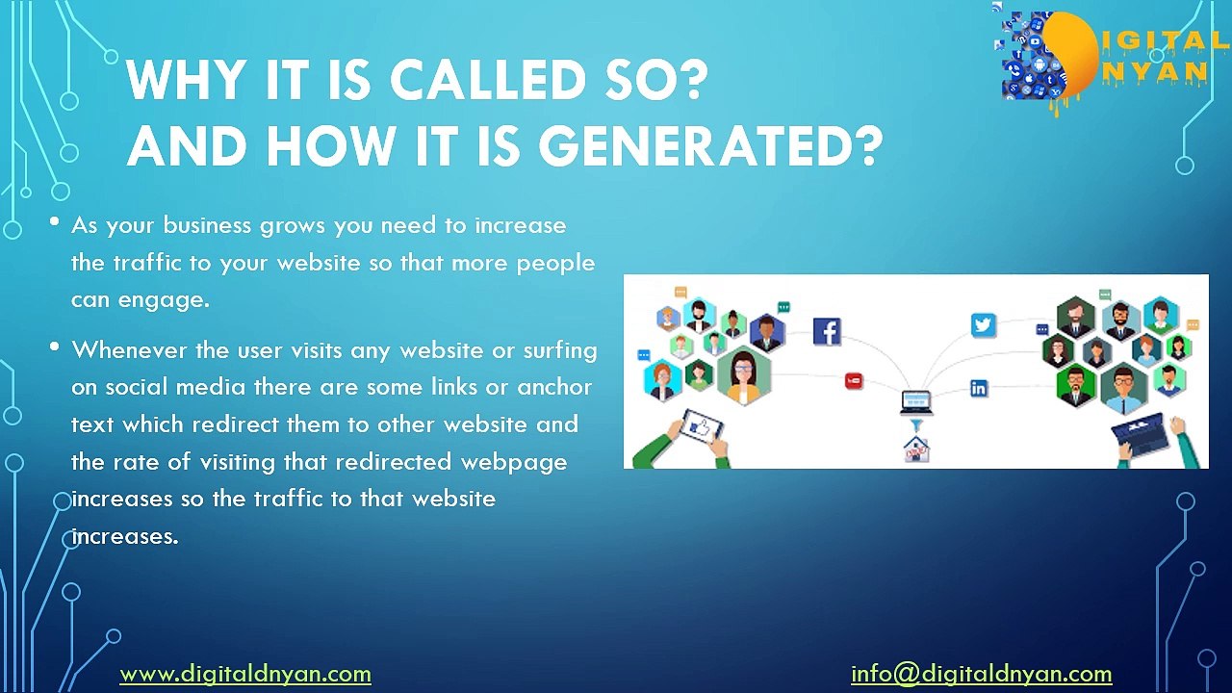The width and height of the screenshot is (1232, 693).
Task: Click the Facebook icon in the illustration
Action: tap(827, 331)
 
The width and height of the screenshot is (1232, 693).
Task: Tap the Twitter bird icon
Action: tap(983, 325)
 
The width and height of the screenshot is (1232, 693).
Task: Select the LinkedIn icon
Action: tap(979, 389)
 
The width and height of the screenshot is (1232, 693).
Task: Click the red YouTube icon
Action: tap(854, 381)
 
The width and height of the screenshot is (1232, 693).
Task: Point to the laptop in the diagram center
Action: tap(915, 401)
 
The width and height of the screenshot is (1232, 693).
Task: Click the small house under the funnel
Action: tap(915, 449)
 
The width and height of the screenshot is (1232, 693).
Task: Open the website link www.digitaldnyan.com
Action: tap(244, 674)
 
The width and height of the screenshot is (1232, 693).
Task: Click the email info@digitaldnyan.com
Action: tap(981, 674)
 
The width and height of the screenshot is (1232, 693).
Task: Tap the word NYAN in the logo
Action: tap(1164, 72)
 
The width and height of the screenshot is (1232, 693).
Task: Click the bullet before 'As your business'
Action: tap(55, 223)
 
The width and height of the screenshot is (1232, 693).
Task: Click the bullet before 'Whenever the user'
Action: tap(55, 346)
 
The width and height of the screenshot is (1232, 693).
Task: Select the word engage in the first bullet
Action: tap(163, 299)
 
